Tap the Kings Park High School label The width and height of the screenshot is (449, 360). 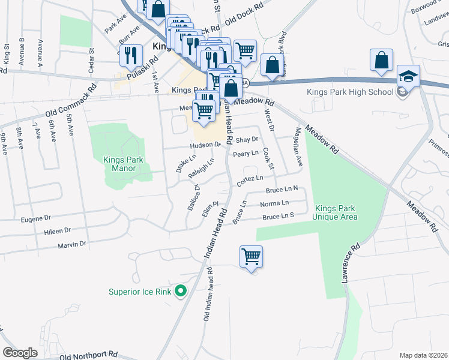click(350, 92)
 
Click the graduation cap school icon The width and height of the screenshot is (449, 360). click(408, 77)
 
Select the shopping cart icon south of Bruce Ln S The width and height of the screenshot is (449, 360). click(251, 257)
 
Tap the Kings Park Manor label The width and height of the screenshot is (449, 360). click(128, 164)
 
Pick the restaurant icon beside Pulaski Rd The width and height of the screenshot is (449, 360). click(131, 55)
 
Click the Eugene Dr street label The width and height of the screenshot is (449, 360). click(37, 220)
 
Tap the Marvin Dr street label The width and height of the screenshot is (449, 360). click(72, 244)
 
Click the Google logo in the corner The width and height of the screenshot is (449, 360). click(20, 353)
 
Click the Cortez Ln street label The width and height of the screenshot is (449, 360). click(250, 179)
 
